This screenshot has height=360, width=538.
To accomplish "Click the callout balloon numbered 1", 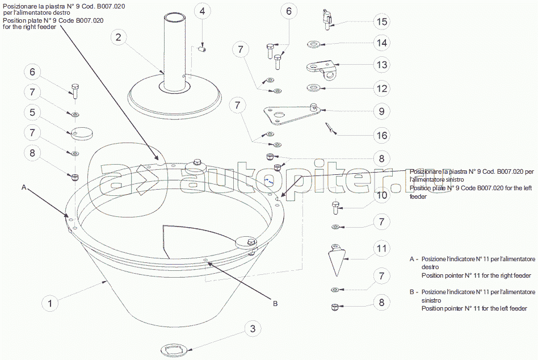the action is click(50, 303).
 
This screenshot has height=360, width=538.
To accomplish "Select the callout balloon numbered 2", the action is click(119, 37).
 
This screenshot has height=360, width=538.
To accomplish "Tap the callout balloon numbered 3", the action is click(253, 328).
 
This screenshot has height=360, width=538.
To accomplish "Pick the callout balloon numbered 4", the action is click(203, 11).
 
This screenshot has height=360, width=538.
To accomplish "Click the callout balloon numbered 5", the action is click(32, 112).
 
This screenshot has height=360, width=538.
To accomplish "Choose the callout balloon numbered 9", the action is click(381, 111).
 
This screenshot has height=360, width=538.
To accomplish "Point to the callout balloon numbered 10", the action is click(381, 195).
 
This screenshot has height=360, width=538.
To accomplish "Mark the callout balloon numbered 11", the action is click(381, 249).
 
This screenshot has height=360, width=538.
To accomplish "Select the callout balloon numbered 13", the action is click(381, 65).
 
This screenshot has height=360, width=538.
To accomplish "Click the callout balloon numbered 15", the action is click(381, 22).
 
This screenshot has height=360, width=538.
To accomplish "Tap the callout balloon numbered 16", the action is click(381, 135).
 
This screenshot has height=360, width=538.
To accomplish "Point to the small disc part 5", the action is click(82, 133).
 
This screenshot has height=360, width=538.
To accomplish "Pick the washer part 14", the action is click(313, 44).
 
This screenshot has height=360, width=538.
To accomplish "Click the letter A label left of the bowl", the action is click(24, 187).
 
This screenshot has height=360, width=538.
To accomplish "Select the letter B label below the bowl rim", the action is click(275, 303).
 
